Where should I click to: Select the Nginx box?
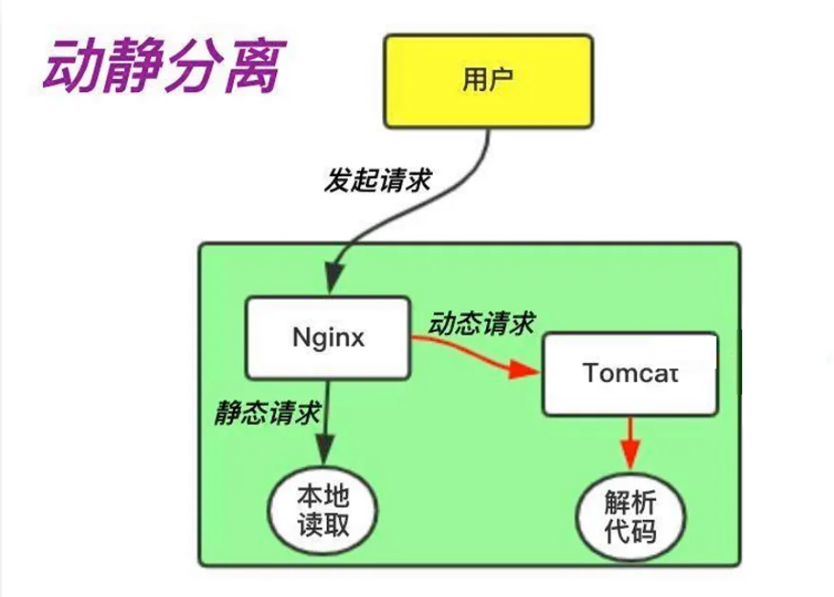[x=329, y=338]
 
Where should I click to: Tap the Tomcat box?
[x=631, y=373]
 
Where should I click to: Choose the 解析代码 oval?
[x=629, y=516]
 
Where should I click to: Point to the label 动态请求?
[x=481, y=323]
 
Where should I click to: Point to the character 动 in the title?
[x=71, y=66]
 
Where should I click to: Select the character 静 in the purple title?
[x=131, y=66]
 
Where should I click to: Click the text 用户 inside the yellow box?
[x=489, y=80]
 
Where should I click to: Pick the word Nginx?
[x=329, y=338]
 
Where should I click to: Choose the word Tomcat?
[x=631, y=373]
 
